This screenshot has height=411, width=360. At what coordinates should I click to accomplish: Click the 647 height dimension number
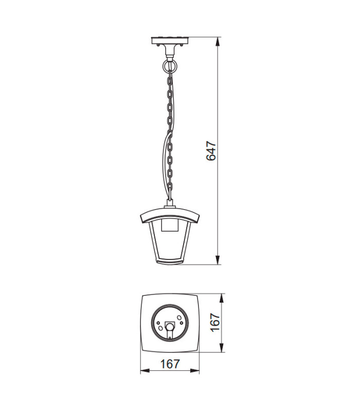click(x=211, y=151)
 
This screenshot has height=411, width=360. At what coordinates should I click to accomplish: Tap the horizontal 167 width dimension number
click(x=170, y=364)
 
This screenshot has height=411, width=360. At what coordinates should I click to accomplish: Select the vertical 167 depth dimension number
click(x=215, y=323)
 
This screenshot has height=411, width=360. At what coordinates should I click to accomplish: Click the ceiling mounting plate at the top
click(x=170, y=41)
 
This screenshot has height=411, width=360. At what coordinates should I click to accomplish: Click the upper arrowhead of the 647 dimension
click(x=218, y=42)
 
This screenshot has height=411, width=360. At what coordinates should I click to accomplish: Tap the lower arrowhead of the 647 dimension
click(x=218, y=260)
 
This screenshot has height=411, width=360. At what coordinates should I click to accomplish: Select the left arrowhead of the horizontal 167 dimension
click(x=145, y=371)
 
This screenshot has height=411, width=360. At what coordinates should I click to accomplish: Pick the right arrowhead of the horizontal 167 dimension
click(x=195, y=371)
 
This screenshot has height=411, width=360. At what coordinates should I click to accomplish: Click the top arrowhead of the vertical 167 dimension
click(x=222, y=298)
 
